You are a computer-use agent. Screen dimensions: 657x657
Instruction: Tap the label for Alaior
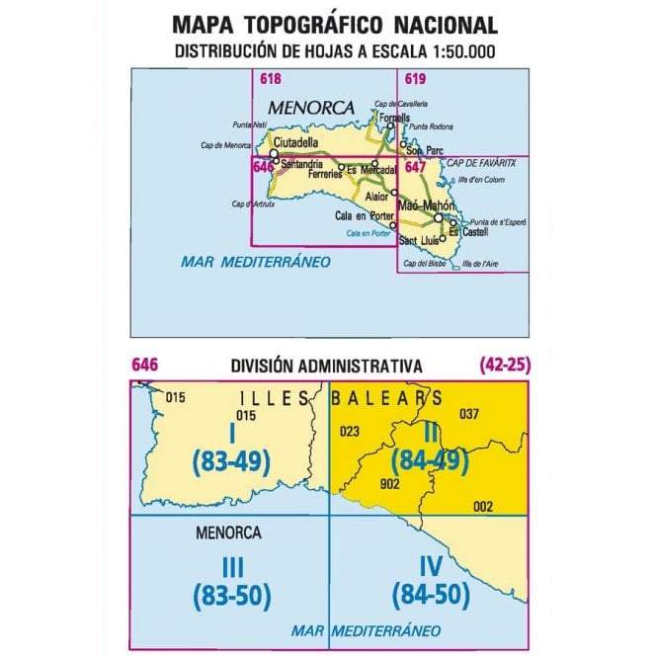point(376,197)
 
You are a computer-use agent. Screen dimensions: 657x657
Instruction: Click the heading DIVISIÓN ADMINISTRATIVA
point(326,366)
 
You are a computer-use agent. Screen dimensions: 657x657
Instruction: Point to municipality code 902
point(390,484)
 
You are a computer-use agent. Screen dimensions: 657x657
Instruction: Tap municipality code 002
point(483,506)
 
